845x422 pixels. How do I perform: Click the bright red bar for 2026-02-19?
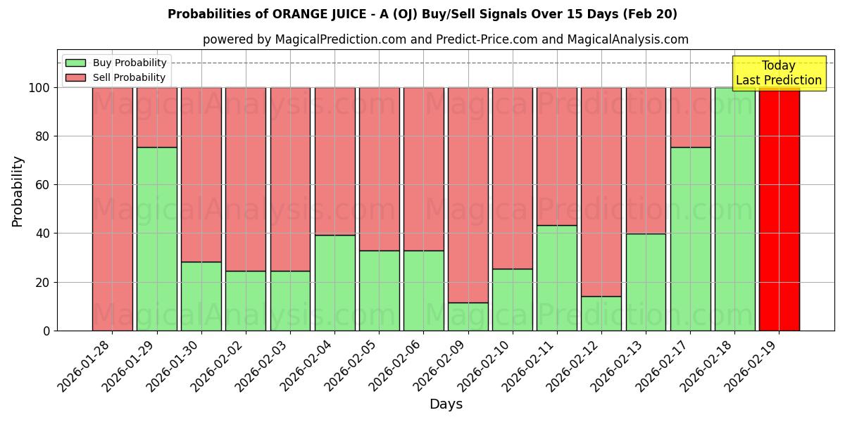pyautogui.click(x=779, y=209)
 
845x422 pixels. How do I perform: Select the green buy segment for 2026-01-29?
pyautogui.click(x=157, y=239)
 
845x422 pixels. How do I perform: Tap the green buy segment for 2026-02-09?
pyautogui.click(x=468, y=316)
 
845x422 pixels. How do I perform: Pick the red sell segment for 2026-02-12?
pyautogui.click(x=601, y=191)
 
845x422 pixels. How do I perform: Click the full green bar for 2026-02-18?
pyautogui.click(x=734, y=209)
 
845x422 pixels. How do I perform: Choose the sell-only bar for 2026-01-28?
pyautogui.click(x=113, y=209)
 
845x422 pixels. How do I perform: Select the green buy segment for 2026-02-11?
pyautogui.click(x=557, y=278)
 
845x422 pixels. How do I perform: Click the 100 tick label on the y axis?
pyautogui.click(x=39, y=88)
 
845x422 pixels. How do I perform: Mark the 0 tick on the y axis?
pyautogui.click(x=46, y=331)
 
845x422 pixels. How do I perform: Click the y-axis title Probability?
pyautogui.click(x=18, y=191)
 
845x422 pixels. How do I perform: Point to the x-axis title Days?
pyautogui.click(x=446, y=404)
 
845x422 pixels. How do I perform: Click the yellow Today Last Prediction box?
pyautogui.click(x=779, y=73)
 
